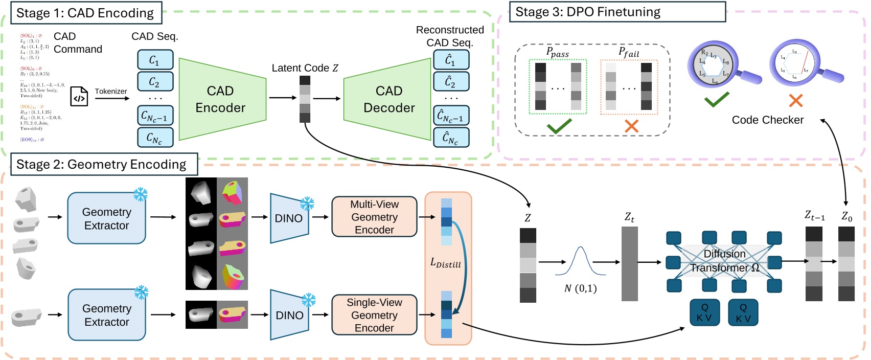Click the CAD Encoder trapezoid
tap(220, 99)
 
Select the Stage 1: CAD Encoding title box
tap(85, 13)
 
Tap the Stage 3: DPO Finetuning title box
tap(617, 12)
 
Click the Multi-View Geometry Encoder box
tap(374, 217)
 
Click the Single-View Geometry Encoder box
tap(374, 315)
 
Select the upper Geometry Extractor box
tap(106, 218)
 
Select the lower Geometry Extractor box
tap(106, 315)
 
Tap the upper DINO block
tap(288, 218)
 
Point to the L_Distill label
tap(445, 263)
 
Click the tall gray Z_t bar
tap(630, 263)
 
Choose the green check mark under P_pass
tap(559, 126)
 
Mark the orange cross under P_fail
tap(632, 126)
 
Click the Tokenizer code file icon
tap(79, 96)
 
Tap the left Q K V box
tap(704, 312)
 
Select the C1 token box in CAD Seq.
tap(155, 60)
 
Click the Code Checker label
tap(767, 120)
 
